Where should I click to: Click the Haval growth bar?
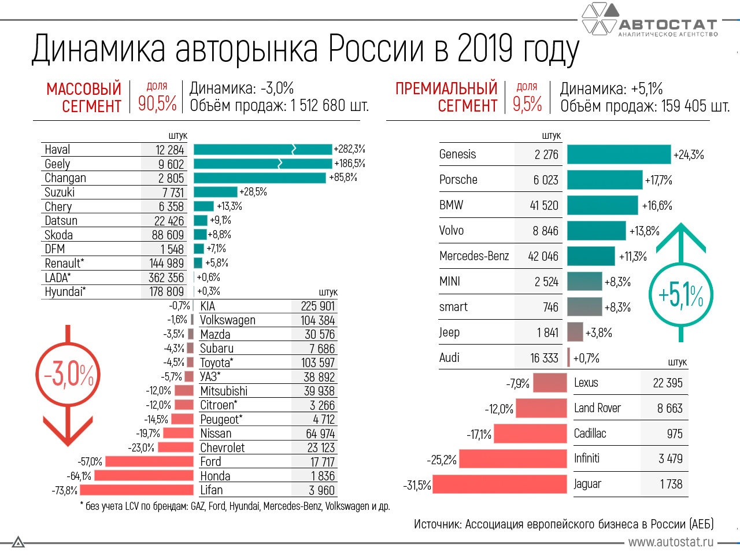[x=262, y=150]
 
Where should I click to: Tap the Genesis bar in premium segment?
[x=619, y=154]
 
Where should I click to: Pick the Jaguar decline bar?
[x=499, y=484]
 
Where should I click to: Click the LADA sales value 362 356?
[x=166, y=278]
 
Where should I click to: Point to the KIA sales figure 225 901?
[x=318, y=306]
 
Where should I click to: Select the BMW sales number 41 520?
[x=543, y=205]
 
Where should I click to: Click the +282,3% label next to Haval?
[x=349, y=149]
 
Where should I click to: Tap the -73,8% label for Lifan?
[x=65, y=491]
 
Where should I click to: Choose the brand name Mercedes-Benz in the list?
[x=474, y=256]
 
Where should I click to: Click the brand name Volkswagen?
[x=228, y=320]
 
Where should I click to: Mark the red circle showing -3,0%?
[x=68, y=375]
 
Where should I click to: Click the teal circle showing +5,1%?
[x=681, y=295]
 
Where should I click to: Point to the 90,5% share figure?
[x=157, y=103]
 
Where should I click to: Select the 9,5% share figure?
[x=527, y=103]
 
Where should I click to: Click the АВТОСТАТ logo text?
[x=668, y=25]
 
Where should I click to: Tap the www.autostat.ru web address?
[x=671, y=542]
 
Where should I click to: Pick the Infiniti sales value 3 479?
[x=671, y=459]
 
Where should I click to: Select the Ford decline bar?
[x=149, y=462]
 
